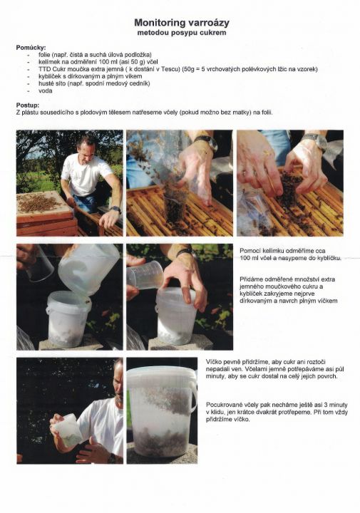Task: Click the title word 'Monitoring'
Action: coord(160,23)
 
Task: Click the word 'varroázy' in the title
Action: coord(209,23)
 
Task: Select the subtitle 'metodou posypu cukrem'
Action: coord(182,33)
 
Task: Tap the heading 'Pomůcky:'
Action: coord(31,48)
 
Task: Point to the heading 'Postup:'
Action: coord(28,105)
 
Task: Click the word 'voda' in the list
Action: coord(45,90)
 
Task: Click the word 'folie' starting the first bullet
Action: coord(43,55)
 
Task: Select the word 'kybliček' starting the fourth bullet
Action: coord(48,76)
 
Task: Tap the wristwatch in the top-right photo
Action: coord(315,141)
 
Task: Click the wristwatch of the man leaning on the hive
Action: coord(115,209)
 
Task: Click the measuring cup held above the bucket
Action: coord(145,275)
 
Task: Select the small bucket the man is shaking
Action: coord(67,430)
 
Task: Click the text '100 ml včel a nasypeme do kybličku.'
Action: coord(290,258)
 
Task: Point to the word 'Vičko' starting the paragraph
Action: coord(213,362)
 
